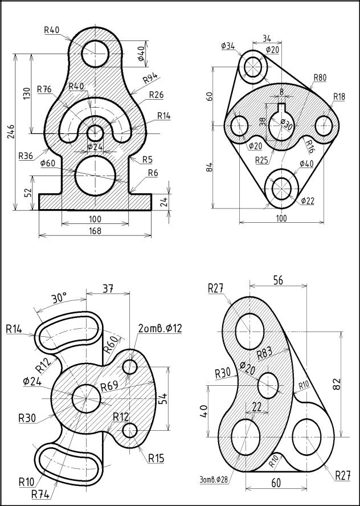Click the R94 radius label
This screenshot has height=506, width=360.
click(x=150, y=77)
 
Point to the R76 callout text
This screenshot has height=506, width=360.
click(x=44, y=89)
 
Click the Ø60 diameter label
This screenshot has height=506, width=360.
click(x=47, y=164)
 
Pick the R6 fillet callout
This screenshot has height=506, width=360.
click(x=153, y=173)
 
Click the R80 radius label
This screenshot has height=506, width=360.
click(x=320, y=77)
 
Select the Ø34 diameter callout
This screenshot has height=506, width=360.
click(x=228, y=46)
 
